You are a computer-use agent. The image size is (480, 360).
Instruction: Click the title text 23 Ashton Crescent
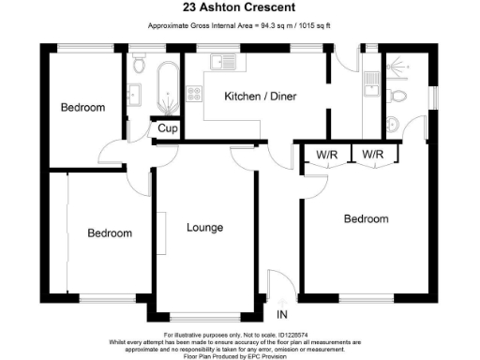pos(239,8)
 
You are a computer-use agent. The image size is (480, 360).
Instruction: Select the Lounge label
pos(204,227)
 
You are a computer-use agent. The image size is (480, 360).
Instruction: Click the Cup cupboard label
pos(167,128)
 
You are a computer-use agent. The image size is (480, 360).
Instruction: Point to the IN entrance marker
pos(281,314)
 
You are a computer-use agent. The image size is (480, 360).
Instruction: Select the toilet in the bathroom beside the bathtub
pos(139,64)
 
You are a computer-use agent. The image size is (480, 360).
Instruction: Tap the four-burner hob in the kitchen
pos(197,94)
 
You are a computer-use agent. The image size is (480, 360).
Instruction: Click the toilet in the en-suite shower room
pos(397,97)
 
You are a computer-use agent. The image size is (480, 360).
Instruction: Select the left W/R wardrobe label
pos(326,154)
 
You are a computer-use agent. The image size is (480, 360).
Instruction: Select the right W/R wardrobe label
pos(373,154)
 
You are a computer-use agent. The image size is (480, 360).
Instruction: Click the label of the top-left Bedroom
pos(82,108)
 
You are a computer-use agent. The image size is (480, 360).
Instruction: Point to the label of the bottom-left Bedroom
pos(110,232)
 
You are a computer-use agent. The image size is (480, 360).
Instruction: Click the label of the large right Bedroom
pos(366,219)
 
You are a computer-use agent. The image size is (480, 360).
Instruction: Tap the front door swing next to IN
pos(277,287)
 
